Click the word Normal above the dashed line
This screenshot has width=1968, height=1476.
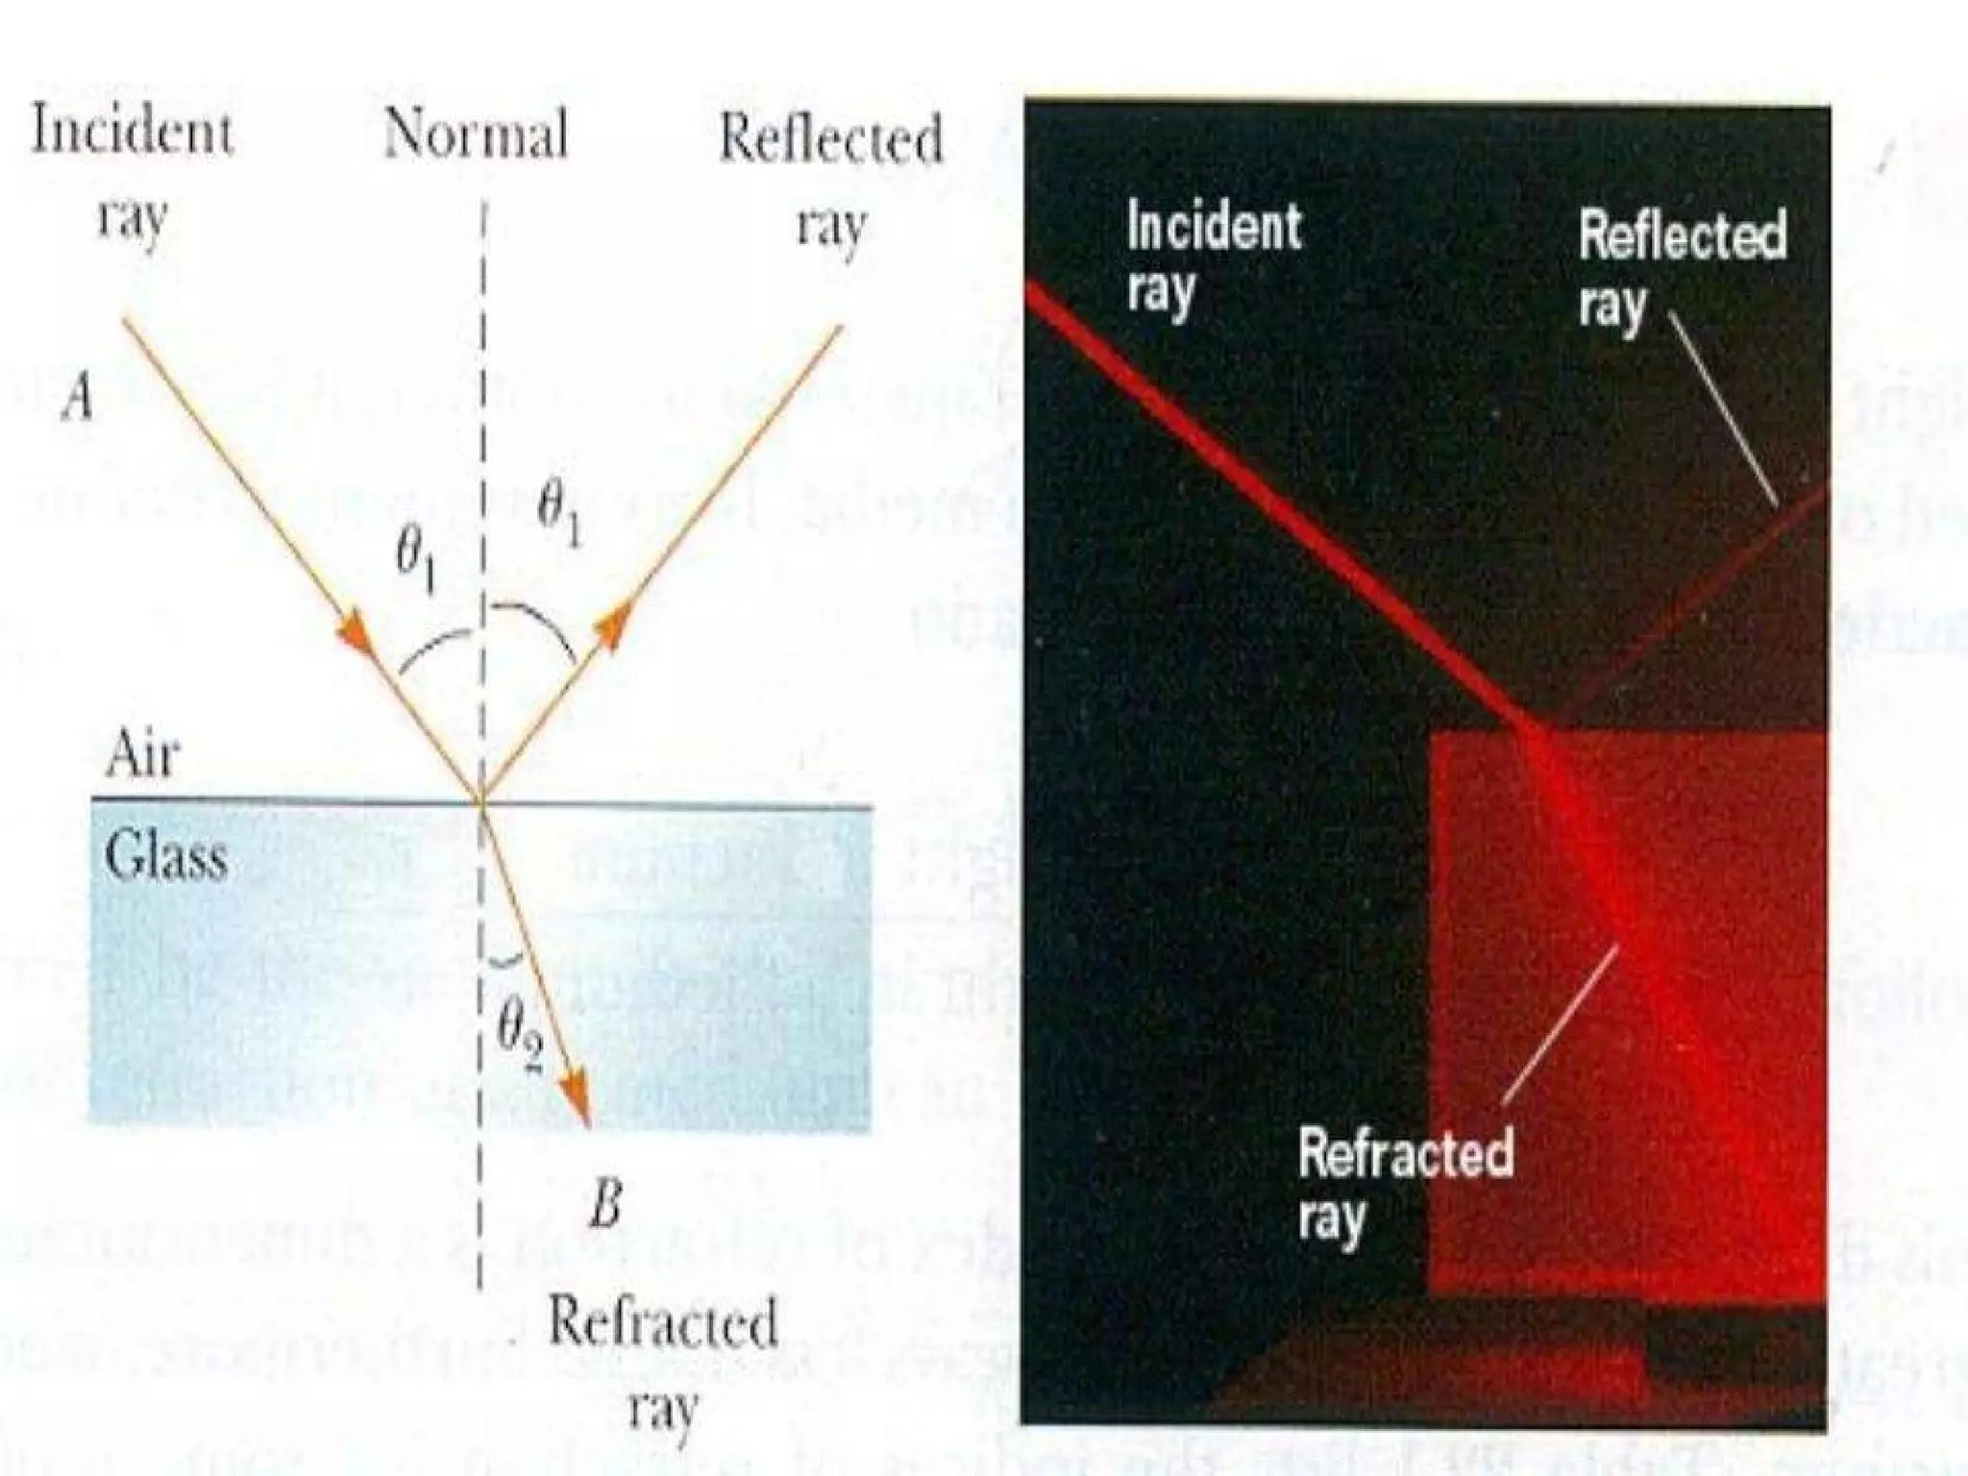476,135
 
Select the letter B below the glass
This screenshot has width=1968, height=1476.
606,1204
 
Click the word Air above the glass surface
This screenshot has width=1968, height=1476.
141,755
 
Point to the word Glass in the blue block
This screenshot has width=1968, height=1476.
166,855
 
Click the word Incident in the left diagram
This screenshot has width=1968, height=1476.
133,131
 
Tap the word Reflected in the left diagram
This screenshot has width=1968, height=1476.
831,139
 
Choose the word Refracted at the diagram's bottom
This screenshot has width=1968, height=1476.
662,1323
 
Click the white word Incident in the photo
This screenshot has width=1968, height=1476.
1214,227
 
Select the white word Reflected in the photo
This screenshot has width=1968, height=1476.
1683,236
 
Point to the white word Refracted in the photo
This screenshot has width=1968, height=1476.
1405,1152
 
